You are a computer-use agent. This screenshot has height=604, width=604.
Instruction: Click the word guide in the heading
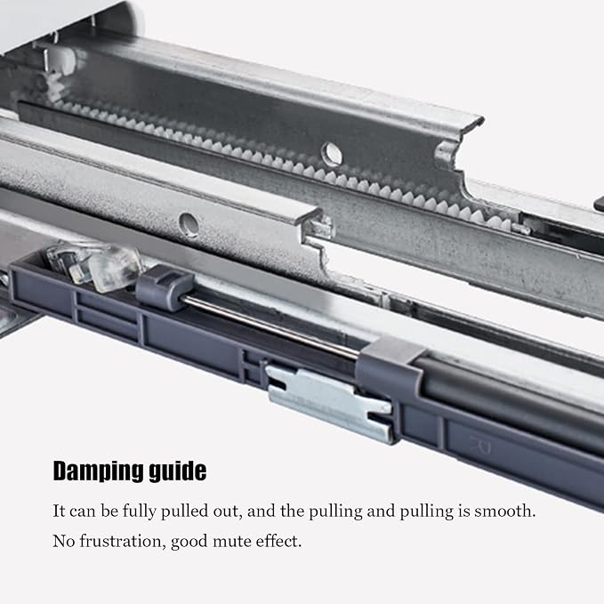(178, 471)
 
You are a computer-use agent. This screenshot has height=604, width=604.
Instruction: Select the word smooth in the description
(505, 511)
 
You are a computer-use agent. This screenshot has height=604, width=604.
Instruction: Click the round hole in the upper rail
(332, 152)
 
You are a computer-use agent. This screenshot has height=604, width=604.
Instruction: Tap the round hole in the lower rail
(189, 223)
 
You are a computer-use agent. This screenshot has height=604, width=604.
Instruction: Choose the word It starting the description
(59, 511)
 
